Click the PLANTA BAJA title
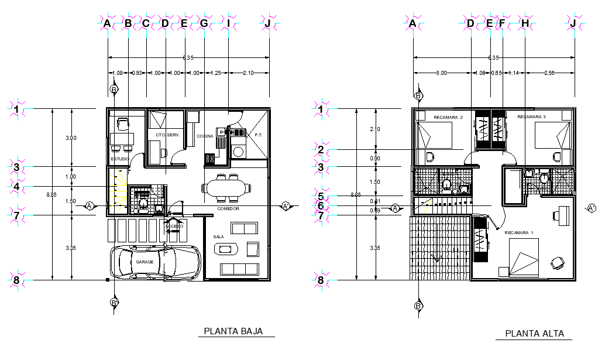233,331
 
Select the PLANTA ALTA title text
534,334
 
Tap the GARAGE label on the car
145,262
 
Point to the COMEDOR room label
228,208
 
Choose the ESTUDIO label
120,159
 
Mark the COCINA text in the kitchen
205,136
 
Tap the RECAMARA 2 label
448,118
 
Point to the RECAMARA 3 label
531,117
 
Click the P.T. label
258,135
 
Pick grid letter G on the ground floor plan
204,23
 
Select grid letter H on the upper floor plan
525,23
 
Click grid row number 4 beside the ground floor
17,187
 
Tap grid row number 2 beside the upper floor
320,150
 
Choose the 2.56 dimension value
549,73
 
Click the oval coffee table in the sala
225,249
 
